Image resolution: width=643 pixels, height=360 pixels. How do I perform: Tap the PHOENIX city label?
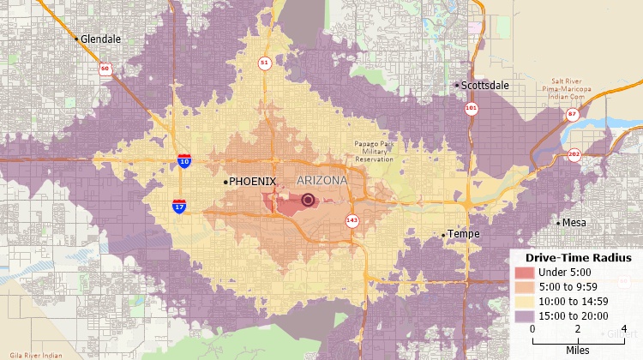[252, 182]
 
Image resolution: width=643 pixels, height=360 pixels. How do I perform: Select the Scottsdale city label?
[485, 86]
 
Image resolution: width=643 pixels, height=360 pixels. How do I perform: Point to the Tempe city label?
[464, 234]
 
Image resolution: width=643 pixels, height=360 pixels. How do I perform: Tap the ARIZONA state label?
[321, 181]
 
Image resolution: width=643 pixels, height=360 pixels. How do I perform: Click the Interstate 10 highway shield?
[184, 160]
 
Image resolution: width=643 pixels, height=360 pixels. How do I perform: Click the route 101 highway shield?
[471, 109]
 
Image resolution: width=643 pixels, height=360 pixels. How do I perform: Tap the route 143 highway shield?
[352, 220]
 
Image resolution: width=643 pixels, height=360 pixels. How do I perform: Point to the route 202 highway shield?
[574, 154]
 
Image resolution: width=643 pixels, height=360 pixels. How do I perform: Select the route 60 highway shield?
[104, 68]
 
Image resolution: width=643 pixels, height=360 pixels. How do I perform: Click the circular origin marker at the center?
[308, 201]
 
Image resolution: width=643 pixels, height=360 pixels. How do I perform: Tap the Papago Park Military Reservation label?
[374, 152]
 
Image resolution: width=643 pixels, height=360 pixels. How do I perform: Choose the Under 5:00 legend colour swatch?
[524, 273]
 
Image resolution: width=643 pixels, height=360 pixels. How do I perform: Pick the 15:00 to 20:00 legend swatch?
[524, 316]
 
